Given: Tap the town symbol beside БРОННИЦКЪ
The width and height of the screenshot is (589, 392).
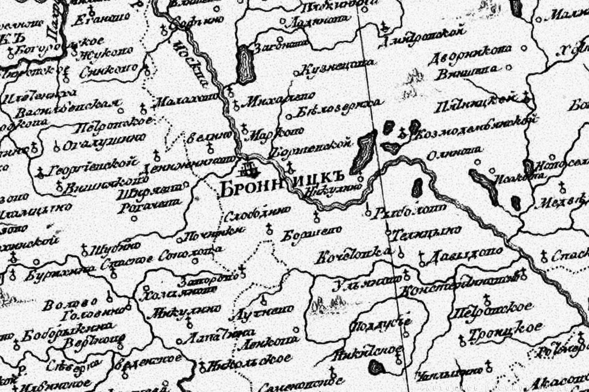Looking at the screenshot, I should (x=247, y=169).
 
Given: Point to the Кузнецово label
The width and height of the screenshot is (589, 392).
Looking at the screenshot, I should (x=334, y=67).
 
